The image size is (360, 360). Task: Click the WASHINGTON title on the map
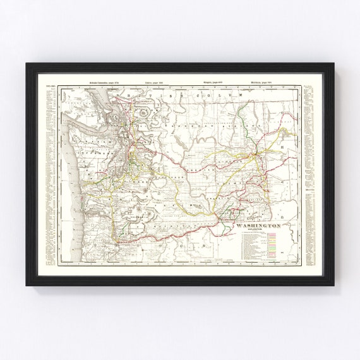coord(258,225)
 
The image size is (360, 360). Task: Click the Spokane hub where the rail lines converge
coord(255,153)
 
